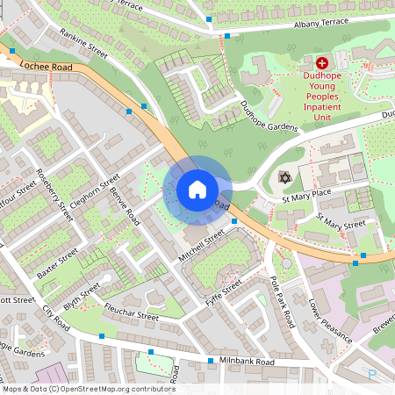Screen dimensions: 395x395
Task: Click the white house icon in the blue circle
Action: (x=197, y=189)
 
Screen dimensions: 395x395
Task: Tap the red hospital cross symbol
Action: (x=321, y=63)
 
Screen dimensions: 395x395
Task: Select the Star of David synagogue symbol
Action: (x=284, y=178)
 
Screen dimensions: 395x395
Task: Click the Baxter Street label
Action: (x=58, y=263)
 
